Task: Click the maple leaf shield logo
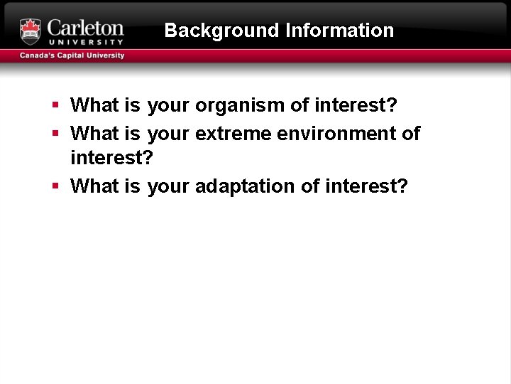coord(31,31)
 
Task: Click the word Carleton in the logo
coord(85,28)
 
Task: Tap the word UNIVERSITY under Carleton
coord(85,43)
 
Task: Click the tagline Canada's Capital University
coord(72,55)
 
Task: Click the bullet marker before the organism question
coord(55,105)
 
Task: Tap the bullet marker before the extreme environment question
coord(55,133)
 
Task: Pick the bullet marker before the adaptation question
coord(55,186)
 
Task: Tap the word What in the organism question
coord(95,106)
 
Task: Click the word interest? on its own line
coord(111,158)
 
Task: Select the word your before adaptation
coord(168,186)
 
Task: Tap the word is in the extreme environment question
coord(132,134)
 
